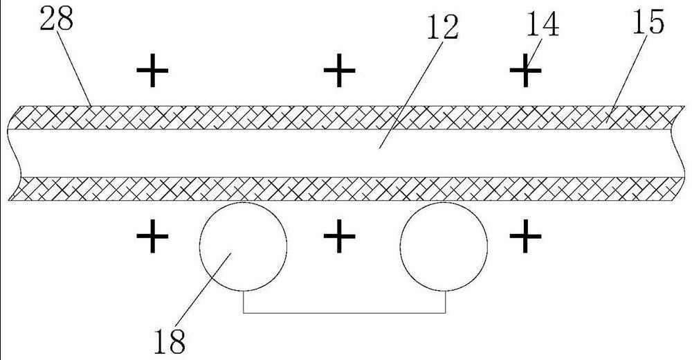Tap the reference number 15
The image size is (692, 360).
[647, 22]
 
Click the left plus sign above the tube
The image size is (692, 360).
[152, 71]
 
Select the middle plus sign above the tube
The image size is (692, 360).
[339, 71]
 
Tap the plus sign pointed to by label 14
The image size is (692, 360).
[525, 71]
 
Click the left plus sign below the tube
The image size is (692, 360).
[152, 238]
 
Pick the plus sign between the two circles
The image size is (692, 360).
[339, 238]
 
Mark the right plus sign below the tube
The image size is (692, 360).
[525, 238]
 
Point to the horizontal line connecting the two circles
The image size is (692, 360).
[344, 314]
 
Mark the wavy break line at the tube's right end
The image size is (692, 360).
[677, 152]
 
